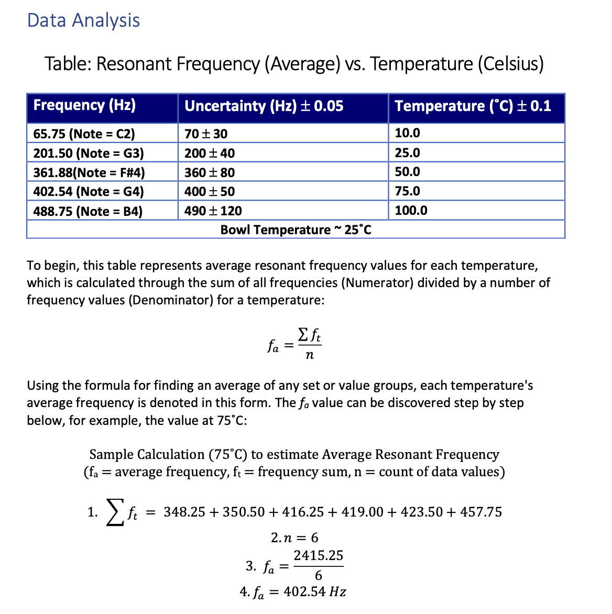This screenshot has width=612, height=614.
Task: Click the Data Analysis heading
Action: pyautogui.click(x=83, y=20)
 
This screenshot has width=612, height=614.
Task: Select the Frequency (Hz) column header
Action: pyautogui.click(x=84, y=105)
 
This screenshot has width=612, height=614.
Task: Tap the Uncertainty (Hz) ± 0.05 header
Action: pyautogui.click(x=264, y=106)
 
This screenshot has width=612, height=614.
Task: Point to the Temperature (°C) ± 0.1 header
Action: pyautogui.click(x=473, y=106)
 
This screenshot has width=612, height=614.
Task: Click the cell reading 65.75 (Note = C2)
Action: pyautogui.click(x=84, y=134)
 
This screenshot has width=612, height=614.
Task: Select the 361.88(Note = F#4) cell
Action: pyautogui.click(x=89, y=172)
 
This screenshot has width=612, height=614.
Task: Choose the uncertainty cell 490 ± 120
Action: pyautogui.click(x=213, y=211)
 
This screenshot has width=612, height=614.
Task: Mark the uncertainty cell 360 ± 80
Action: pyautogui.click(x=210, y=172)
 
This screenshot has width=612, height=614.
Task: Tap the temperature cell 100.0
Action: pyautogui.click(x=411, y=211)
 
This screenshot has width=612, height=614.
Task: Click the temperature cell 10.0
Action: pyautogui.click(x=407, y=133)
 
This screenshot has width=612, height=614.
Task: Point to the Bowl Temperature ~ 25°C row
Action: pyautogui.click(x=296, y=230)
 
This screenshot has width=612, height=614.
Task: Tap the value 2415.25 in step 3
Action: pyautogui.click(x=318, y=555)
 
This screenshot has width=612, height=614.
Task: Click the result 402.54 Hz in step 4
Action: pyautogui.click(x=314, y=592)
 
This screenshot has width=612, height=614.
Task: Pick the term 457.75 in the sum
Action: pyautogui.click(x=481, y=512)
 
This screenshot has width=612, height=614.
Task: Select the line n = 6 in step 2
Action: pyautogui.click(x=294, y=538)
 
